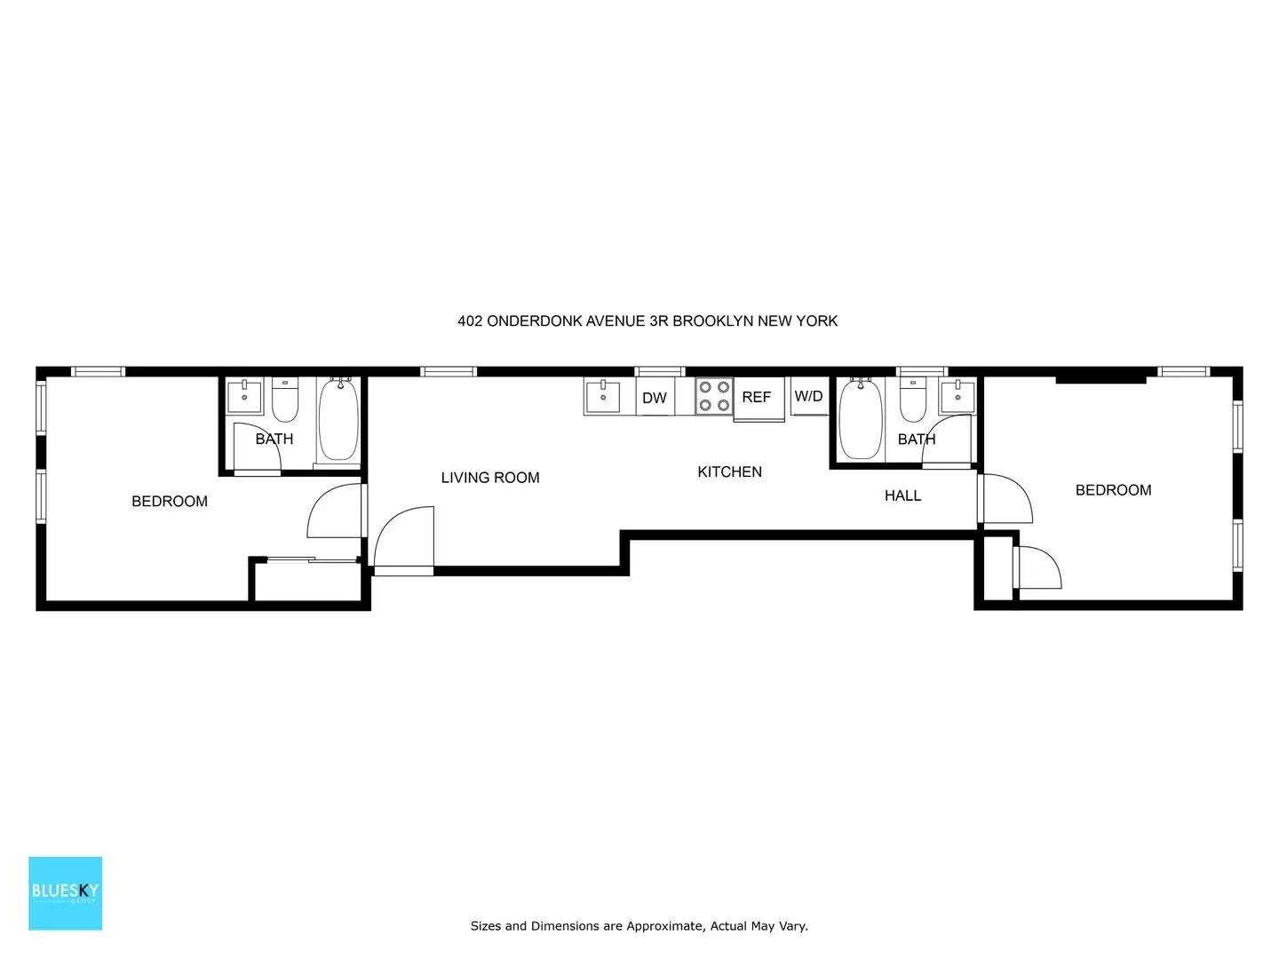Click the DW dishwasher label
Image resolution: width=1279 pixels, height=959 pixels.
coord(654,398)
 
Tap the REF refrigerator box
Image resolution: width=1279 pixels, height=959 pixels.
coord(759,399)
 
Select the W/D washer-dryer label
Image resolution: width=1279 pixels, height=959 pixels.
coord(808,396)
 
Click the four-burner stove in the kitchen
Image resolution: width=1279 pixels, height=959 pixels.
coord(714,396)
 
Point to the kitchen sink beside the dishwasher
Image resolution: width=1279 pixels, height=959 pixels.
coord(602,396)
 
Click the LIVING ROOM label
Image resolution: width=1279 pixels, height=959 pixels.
coord(490,478)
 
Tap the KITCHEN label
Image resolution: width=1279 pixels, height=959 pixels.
coord(729,472)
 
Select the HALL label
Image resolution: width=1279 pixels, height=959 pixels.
coord(902,495)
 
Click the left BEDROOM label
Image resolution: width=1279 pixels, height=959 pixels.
coord(170,502)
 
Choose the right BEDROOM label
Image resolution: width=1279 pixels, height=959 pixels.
coord(1113,490)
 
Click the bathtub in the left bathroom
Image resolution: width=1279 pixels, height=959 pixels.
coord(338,420)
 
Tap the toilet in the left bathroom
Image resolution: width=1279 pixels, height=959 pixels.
coord(285,400)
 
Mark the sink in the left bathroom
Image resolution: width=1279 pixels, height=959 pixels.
coord(245,396)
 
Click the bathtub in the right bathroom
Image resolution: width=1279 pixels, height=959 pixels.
coord(861,418)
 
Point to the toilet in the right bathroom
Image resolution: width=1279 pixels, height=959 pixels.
coord(913,400)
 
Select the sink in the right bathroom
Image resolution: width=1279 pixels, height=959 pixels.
coord(957,396)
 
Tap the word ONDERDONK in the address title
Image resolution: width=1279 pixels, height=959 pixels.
coord(535,321)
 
